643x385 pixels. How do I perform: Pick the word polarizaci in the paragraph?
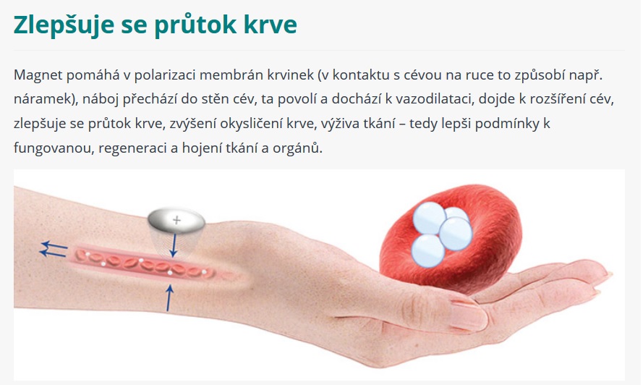click(x=166, y=75)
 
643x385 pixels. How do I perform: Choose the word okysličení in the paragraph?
click(x=251, y=124)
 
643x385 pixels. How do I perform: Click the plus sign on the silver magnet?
click(x=176, y=221)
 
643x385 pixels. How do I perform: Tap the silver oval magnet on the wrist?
click(x=176, y=221)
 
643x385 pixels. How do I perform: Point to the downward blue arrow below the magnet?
click(x=174, y=245)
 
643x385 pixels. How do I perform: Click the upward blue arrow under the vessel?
click(x=169, y=298)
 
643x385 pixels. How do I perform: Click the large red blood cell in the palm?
click(x=451, y=240)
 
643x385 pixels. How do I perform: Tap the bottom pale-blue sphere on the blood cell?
click(x=427, y=250)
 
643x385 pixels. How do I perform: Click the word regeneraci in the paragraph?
click(x=132, y=148)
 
